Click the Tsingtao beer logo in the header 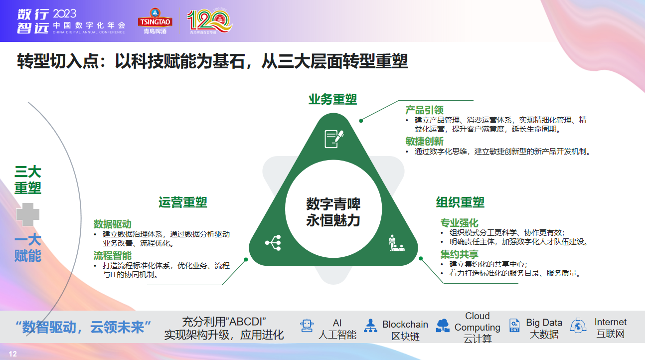pyautogui.click(x=155, y=21)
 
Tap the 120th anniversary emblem pyautogui.click(x=209, y=21)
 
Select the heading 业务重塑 pyautogui.click(x=332, y=99)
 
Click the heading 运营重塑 pyautogui.click(x=182, y=202)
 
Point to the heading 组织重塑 pyautogui.click(x=460, y=202)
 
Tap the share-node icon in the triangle pyautogui.click(x=273, y=243)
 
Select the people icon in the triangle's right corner pyautogui.click(x=396, y=243)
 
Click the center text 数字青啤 pyautogui.click(x=333, y=204)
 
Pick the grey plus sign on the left pyautogui.click(x=27, y=214)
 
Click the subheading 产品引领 pyautogui.click(x=424, y=110)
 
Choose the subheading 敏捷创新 pyautogui.click(x=424, y=141)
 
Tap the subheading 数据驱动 pyautogui.click(x=112, y=224)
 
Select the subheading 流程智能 pyautogui.click(x=112, y=255)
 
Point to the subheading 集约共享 pyautogui.click(x=459, y=254)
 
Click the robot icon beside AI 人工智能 pyautogui.click(x=307, y=326)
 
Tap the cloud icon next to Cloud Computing pyautogui.click(x=443, y=326)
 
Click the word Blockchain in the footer pyautogui.click(x=405, y=324)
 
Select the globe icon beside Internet pyautogui.click(x=578, y=326)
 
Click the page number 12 pyautogui.click(x=12, y=354)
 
